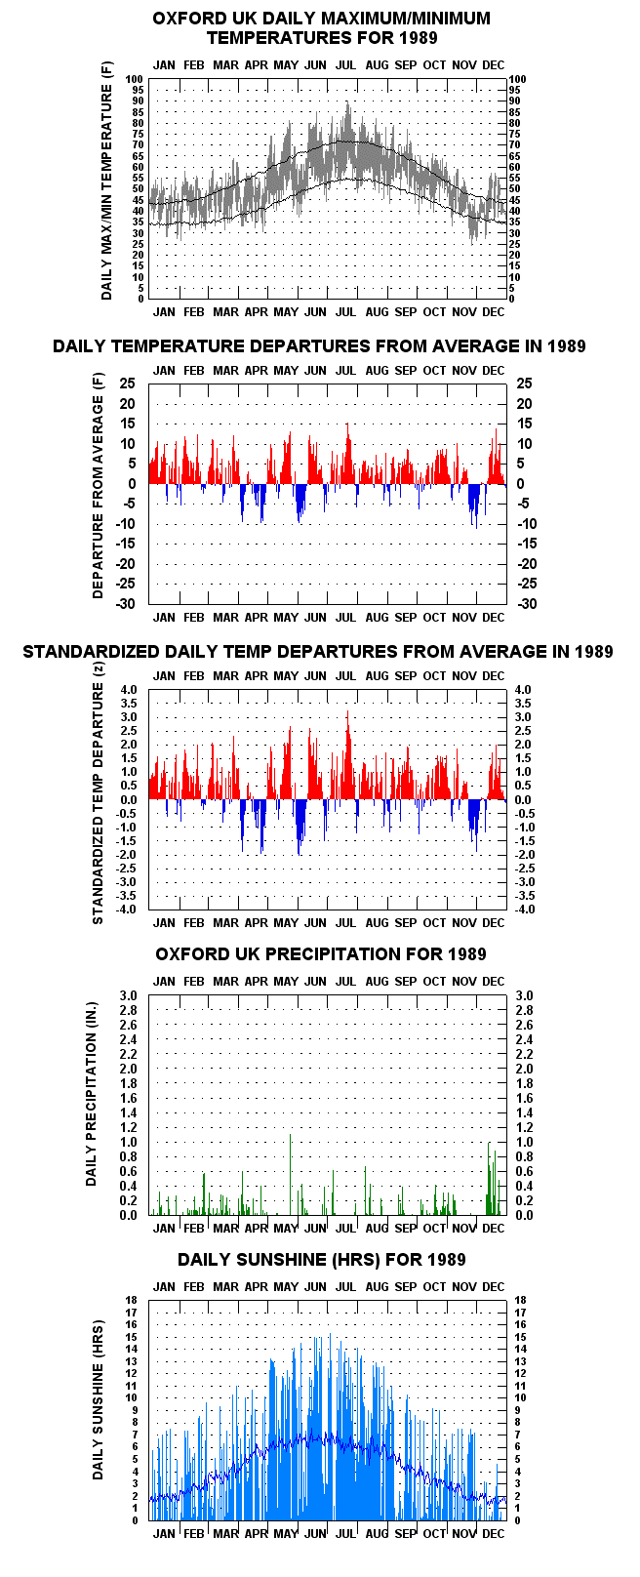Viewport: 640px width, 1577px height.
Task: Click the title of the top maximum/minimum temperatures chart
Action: click(x=322, y=28)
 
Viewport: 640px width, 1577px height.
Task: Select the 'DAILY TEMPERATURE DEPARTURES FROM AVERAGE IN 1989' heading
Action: click(x=319, y=346)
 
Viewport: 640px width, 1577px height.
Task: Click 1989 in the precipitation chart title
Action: click(x=466, y=954)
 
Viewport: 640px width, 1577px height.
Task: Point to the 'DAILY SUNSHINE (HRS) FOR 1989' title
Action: click(x=322, y=1260)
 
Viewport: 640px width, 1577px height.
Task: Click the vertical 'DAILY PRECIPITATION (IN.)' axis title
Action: click(x=91, y=1095)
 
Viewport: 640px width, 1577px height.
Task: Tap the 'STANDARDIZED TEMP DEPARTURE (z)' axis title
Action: click(x=98, y=794)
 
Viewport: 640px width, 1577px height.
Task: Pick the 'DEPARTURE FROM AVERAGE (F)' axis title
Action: click(x=98, y=486)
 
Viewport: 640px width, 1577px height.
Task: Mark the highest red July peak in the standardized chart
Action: click(x=348, y=712)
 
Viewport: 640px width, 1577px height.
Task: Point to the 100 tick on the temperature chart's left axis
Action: click(x=135, y=79)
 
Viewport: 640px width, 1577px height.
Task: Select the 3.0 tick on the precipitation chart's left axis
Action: click(x=128, y=996)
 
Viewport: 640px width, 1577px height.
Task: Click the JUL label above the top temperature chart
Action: click(x=345, y=65)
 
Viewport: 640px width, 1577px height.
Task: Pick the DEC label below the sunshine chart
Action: click(x=494, y=1533)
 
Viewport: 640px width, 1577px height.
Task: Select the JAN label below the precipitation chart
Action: click(x=164, y=1229)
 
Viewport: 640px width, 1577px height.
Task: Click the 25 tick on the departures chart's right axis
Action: click(x=525, y=384)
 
